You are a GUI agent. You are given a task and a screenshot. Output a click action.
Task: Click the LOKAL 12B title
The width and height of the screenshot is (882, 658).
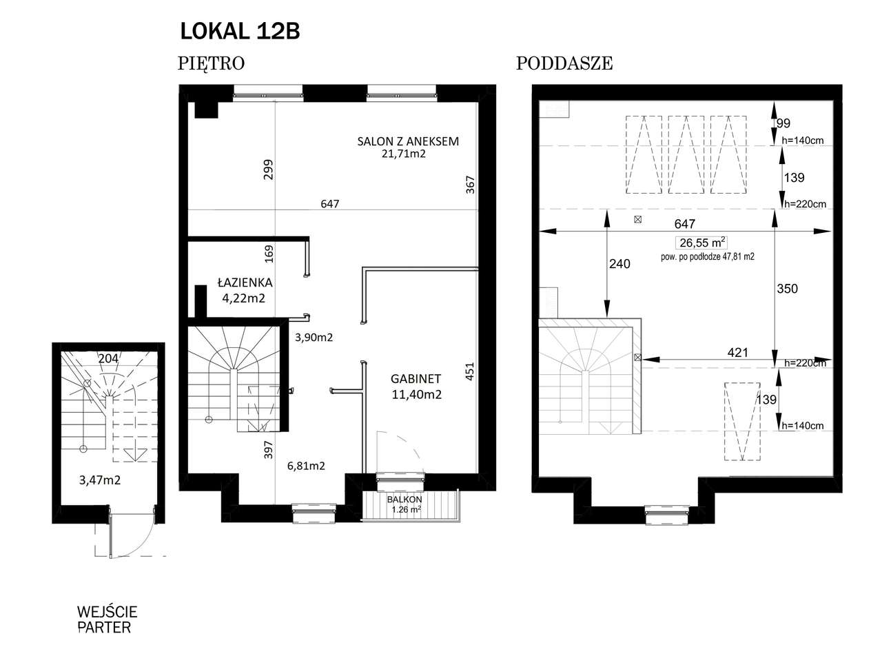tap(240, 31)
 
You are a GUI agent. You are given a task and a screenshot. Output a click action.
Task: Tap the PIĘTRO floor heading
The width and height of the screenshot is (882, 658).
tap(211, 63)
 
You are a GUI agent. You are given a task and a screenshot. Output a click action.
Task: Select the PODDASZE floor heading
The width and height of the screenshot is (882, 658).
tap(564, 63)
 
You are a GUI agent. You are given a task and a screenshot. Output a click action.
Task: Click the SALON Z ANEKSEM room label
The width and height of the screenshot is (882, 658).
tap(408, 141)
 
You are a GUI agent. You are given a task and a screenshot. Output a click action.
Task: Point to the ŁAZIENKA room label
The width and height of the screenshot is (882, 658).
tap(245, 282)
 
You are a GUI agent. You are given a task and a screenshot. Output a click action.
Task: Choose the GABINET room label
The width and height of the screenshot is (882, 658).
tap(416, 379)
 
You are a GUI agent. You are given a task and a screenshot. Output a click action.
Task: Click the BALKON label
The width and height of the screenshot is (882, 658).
tap(404, 500)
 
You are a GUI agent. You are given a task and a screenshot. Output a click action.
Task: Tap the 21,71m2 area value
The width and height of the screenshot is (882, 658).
tap(403, 154)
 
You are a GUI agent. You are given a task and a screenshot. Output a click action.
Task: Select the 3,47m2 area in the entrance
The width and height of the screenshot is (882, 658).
tap(100, 480)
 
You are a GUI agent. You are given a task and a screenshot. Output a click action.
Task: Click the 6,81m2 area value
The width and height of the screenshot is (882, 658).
tap(306, 466)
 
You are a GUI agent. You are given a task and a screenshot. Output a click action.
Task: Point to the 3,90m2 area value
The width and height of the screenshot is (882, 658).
tap(314, 338)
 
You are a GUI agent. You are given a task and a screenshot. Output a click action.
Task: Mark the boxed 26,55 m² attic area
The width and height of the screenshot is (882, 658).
tap(702, 243)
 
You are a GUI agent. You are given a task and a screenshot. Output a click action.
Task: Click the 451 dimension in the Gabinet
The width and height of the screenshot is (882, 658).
tap(470, 371)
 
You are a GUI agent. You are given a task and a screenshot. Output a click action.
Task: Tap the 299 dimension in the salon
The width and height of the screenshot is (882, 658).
tap(269, 169)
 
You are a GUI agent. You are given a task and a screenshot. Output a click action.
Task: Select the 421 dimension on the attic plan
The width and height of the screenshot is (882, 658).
tap(738, 353)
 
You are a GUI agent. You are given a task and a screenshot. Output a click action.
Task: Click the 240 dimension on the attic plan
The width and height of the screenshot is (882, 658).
tap(619, 264)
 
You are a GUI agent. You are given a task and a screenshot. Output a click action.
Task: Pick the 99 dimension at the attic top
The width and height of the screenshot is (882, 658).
tap(783, 123)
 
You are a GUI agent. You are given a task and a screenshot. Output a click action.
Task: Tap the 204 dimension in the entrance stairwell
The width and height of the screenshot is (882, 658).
tap(108, 358)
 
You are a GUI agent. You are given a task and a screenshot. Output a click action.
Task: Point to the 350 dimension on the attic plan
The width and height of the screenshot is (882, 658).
tap(787, 289)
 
